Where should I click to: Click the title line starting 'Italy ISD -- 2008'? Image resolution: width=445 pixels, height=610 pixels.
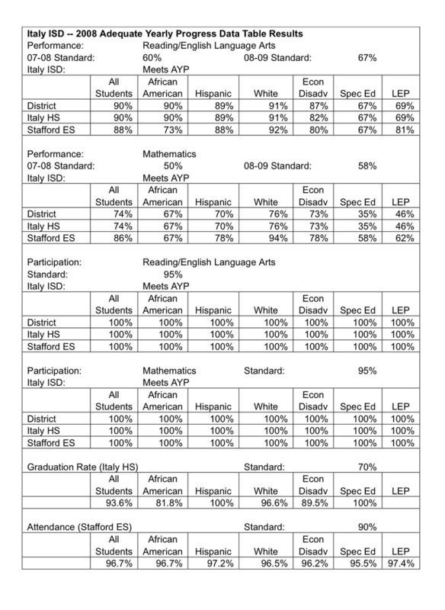[165, 34]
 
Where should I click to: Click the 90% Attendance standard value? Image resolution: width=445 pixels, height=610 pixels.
[368, 526]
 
